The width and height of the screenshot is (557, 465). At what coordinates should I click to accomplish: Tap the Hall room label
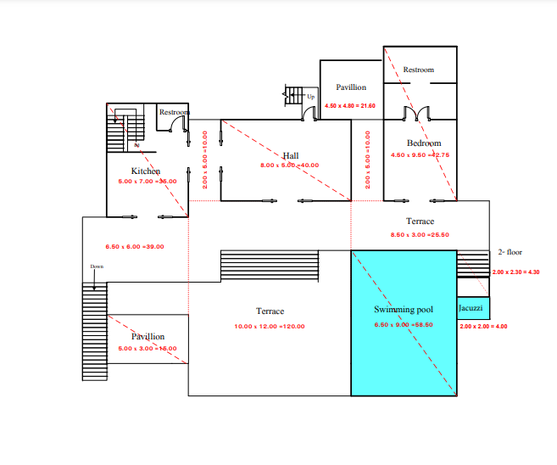tap(291, 155)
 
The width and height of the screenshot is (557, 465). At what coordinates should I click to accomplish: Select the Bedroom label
tap(423, 143)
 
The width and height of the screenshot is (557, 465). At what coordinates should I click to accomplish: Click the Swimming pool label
tap(404, 310)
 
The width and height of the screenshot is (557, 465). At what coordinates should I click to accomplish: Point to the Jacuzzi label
tap(471, 306)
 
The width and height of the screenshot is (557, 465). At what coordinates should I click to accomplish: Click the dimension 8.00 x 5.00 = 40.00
tap(290, 165)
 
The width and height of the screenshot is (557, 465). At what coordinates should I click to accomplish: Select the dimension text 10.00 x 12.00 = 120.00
tap(270, 327)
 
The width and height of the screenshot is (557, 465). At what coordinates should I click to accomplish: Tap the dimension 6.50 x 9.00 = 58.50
tap(404, 324)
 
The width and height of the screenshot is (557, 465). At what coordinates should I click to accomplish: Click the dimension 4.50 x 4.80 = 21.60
tap(350, 106)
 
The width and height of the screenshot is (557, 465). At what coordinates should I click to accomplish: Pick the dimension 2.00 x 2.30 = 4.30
tap(516, 272)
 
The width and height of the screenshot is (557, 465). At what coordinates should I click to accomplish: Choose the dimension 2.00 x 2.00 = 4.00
tap(482, 326)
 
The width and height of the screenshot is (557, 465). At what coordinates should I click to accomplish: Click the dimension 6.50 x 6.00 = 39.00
tap(135, 246)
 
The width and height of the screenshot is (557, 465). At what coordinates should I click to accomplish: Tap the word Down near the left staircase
tap(97, 266)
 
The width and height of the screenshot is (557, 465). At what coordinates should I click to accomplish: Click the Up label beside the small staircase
tap(310, 97)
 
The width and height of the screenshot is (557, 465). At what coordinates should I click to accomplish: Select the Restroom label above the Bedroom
tap(418, 70)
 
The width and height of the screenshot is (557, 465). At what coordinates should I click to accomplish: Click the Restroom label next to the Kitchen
tap(175, 112)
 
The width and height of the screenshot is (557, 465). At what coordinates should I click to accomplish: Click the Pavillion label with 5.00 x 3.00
tap(148, 337)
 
